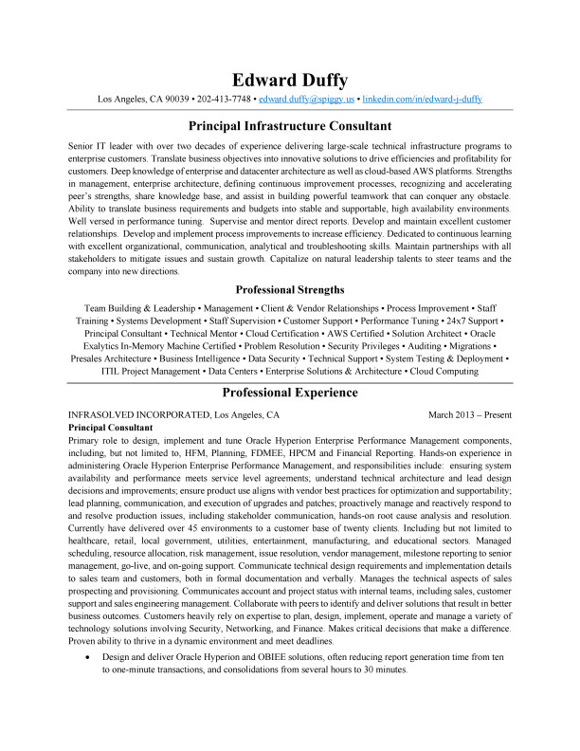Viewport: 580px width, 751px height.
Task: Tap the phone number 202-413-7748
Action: (x=224, y=99)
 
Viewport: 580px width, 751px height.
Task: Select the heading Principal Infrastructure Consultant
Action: (x=290, y=126)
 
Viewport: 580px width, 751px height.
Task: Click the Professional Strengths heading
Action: (x=290, y=288)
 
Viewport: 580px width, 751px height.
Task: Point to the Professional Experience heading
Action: (x=290, y=393)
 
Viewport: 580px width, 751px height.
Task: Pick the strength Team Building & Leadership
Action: (x=139, y=309)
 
